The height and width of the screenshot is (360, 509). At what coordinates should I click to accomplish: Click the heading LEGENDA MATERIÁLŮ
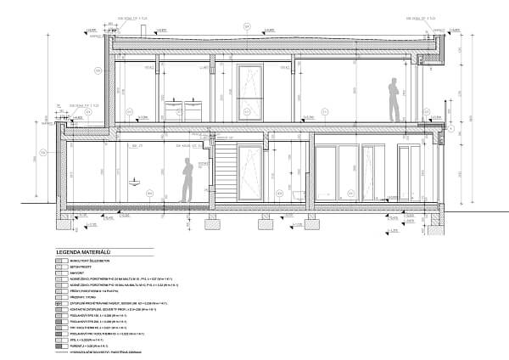[85, 252]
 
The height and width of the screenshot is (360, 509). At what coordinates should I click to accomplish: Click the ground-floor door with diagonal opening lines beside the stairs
[251, 174]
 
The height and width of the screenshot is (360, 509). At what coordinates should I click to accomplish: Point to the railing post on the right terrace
[440, 144]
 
